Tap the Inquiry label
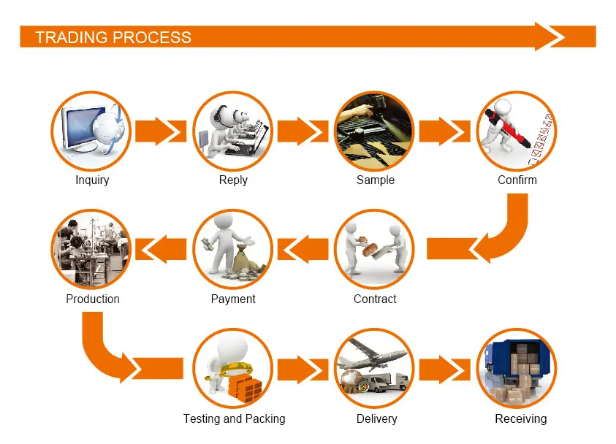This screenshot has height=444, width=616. pyautogui.click(x=92, y=180)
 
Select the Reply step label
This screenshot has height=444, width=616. pyautogui.click(x=233, y=180)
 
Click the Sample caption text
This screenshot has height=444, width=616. pyautogui.click(x=375, y=180)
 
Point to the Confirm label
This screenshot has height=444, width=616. pyautogui.click(x=517, y=180)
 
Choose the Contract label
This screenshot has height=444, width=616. pyautogui.click(x=375, y=299)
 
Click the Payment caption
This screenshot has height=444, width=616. pyautogui.click(x=233, y=299)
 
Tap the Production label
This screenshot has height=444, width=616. pyautogui.click(x=92, y=299)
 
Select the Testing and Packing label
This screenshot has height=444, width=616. pyautogui.click(x=234, y=418)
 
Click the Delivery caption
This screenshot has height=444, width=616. pyautogui.click(x=376, y=418)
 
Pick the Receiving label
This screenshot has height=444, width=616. pyautogui.click(x=520, y=418)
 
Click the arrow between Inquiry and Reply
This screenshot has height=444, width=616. pyautogui.click(x=161, y=131)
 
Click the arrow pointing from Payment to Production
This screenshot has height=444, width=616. pyautogui.click(x=161, y=249)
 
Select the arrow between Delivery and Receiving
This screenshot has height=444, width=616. pyautogui.click(x=444, y=369)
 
